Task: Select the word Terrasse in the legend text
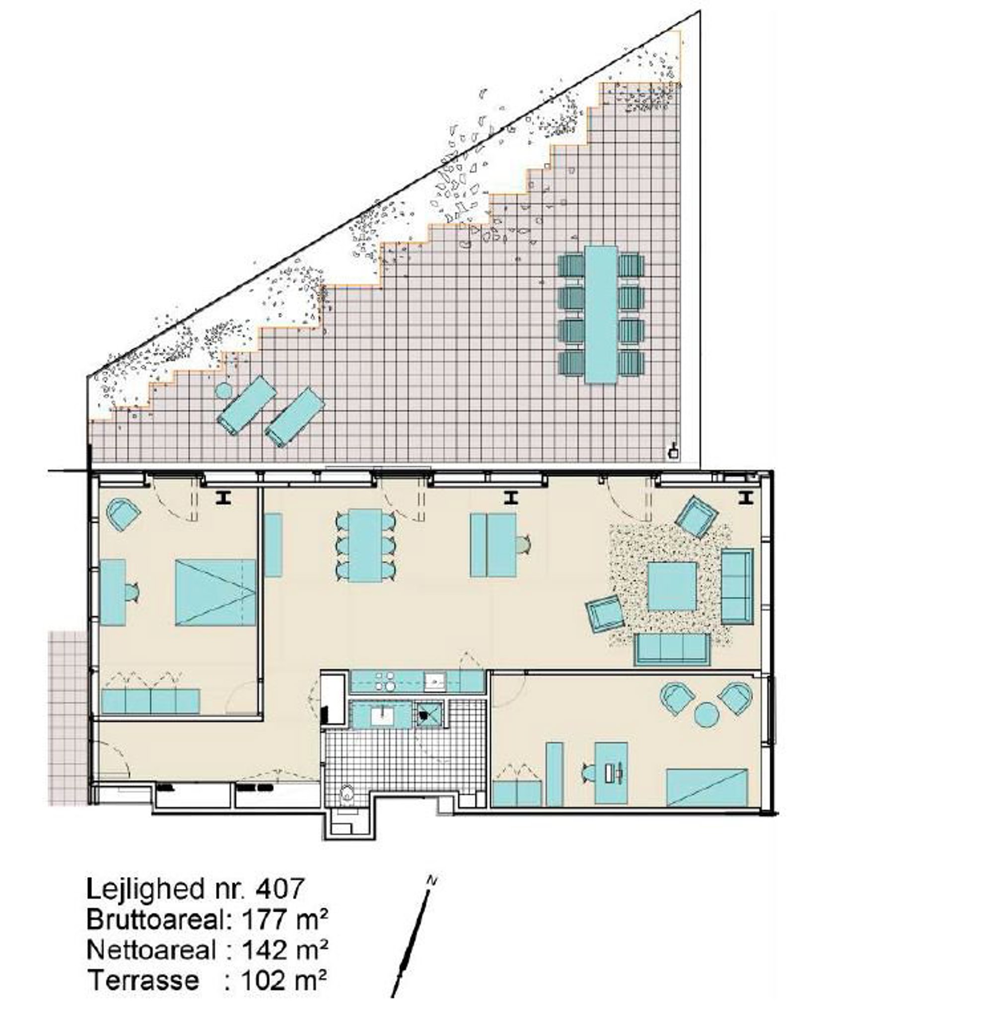click(x=143, y=981)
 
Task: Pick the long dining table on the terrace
click(x=601, y=315)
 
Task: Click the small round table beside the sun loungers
click(x=223, y=391)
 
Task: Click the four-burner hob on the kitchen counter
click(x=385, y=681)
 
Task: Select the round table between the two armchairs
click(x=706, y=716)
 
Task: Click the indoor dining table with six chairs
click(x=365, y=545)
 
